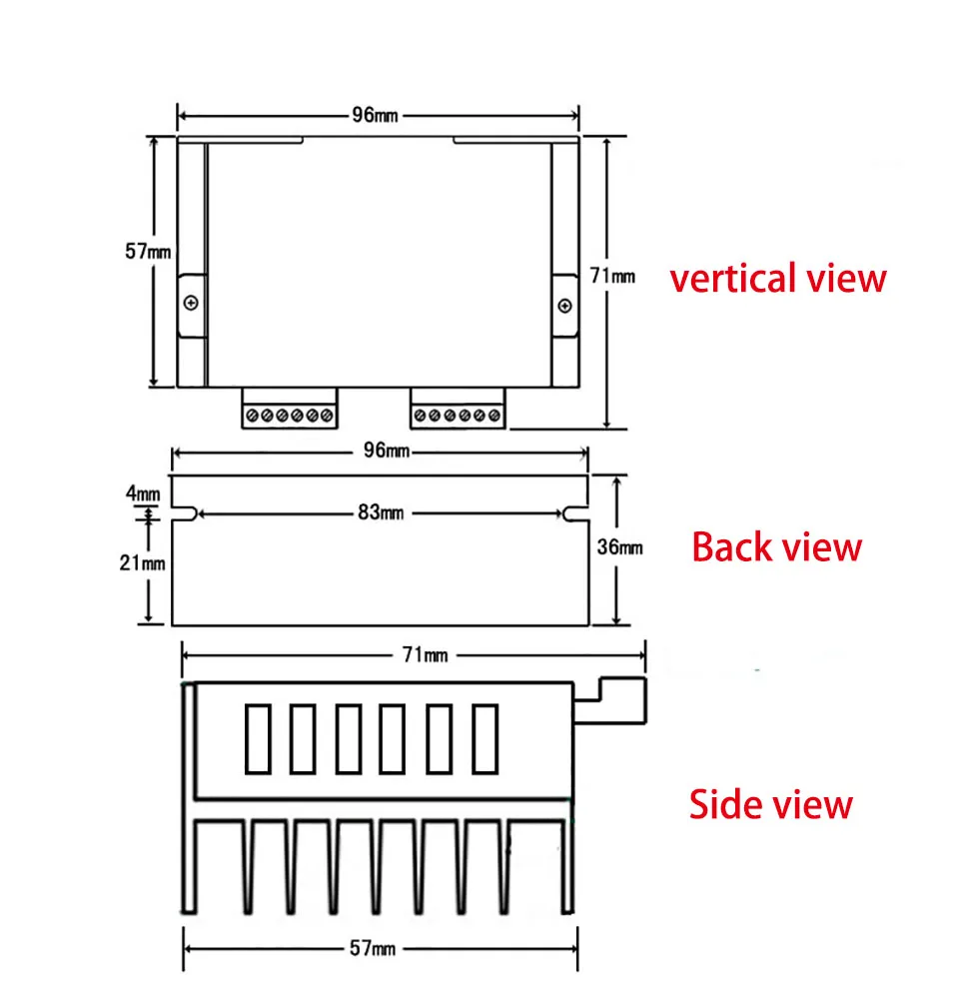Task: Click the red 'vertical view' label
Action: (x=777, y=279)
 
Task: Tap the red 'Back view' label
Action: (x=776, y=546)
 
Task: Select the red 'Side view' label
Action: (x=770, y=804)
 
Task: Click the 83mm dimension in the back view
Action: (x=381, y=512)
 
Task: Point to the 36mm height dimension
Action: (x=620, y=546)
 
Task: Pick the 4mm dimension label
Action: (x=143, y=493)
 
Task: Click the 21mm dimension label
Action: (x=143, y=562)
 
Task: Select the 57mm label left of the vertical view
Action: (x=148, y=252)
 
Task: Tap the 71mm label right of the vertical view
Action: (x=612, y=276)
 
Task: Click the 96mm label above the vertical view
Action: (x=375, y=115)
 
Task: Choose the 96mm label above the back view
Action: (x=387, y=450)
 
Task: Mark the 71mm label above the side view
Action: (x=426, y=655)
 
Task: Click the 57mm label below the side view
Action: (x=373, y=948)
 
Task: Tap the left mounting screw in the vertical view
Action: (x=191, y=303)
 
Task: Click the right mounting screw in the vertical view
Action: (x=565, y=306)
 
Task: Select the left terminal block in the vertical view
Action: (x=290, y=409)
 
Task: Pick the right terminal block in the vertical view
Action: (x=458, y=409)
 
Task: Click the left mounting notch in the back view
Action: (x=185, y=513)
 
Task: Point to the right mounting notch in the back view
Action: (x=576, y=513)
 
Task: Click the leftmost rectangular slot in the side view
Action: (x=258, y=739)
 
